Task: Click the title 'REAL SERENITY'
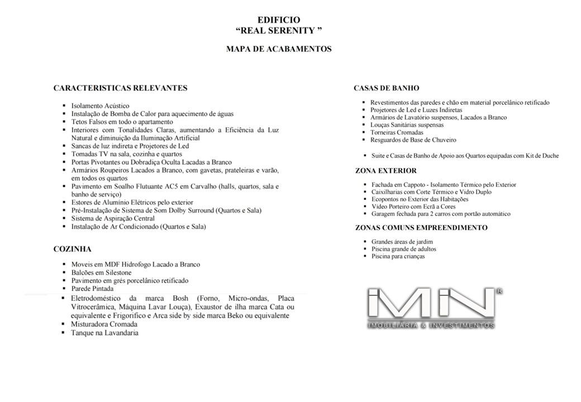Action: pyautogui.click(x=279, y=30)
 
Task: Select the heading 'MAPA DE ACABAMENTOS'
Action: pyautogui.click(x=279, y=49)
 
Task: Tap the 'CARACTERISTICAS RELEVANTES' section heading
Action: pyautogui.click(x=120, y=88)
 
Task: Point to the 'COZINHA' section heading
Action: pyautogui.click(x=72, y=249)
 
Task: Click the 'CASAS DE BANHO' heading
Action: pyautogui.click(x=386, y=88)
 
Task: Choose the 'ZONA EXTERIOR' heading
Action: pyautogui.click(x=385, y=170)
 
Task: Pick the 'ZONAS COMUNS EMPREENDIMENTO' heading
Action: pyautogui.click(x=421, y=227)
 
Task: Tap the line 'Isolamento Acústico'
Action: pyautogui.click(x=100, y=106)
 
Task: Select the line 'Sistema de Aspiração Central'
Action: pyautogui.click(x=113, y=218)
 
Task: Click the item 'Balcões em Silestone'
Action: pyautogui.click(x=101, y=272)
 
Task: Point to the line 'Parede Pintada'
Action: pyautogui.click(x=92, y=289)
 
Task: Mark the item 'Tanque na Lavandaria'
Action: pyautogui.click(x=104, y=333)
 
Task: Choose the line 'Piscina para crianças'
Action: pyautogui.click(x=398, y=256)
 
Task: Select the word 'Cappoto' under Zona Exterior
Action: pyautogui.click(x=413, y=184)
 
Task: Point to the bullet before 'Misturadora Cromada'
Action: pyautogui.click(x=64, y=324)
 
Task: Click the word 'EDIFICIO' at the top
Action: pyautogui.click(x=279, y=20)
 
